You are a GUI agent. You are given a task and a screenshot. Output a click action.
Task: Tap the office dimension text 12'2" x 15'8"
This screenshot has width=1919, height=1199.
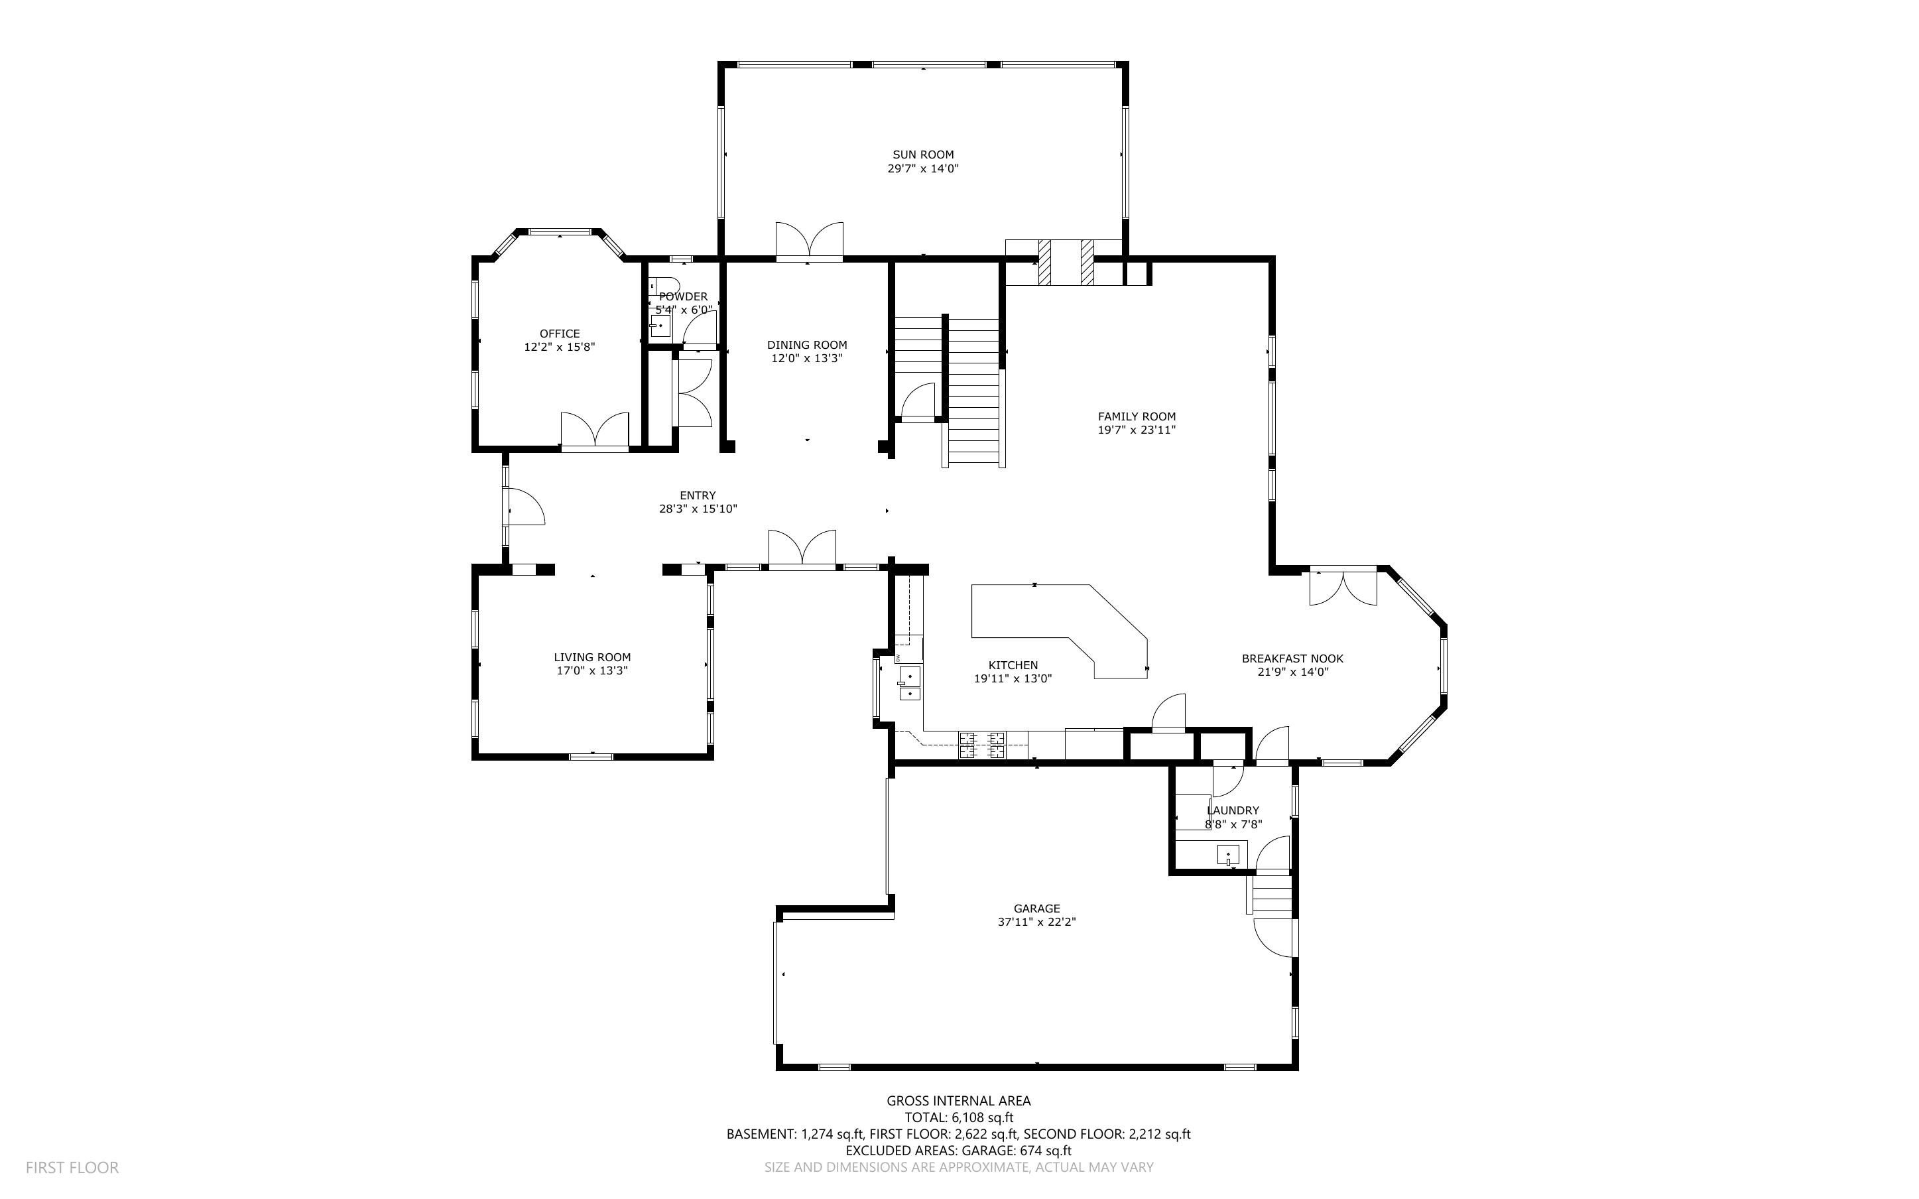coord(560,347)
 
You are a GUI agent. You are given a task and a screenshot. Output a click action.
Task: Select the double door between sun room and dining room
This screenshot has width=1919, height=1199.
coord(808,241)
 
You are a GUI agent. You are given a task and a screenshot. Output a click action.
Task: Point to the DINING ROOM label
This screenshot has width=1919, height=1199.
coord(807,345)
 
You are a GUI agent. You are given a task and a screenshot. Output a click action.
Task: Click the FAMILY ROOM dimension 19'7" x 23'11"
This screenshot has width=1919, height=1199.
coord(1136,430)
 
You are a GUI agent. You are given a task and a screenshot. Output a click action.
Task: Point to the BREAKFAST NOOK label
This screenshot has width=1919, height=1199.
coord(1292,658)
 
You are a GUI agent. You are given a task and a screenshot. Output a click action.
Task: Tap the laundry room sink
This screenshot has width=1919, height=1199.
coord(1228,855)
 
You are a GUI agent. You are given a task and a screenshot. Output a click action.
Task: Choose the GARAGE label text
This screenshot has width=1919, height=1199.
coord(1036,909)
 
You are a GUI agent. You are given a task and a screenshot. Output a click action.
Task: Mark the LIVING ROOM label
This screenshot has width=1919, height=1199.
coord(592,657)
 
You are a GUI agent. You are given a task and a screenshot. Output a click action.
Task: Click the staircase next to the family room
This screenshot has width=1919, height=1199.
coord(973,393)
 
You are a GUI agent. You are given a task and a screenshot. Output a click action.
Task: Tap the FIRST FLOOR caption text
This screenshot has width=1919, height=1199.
coord(72,1167)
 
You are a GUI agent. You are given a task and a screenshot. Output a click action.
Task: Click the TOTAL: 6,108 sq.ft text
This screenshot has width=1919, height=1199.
coord(958,1117)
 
